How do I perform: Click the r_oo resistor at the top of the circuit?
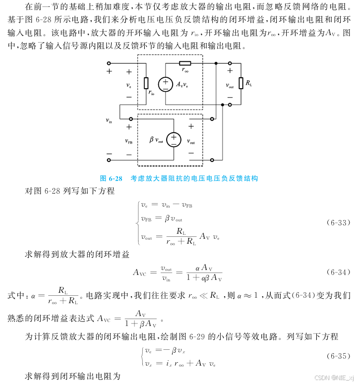tap(185, 63)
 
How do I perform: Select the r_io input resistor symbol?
tap(146, 84)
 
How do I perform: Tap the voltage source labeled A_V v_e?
tap(165, 84)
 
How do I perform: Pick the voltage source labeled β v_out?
tap(173, 140)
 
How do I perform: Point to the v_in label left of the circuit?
tap(109, 120)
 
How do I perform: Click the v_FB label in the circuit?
tap(128, 141)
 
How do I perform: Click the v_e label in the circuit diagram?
tap(128, 85)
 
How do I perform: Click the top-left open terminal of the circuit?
tap(109, 63)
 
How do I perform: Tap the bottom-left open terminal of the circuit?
tap(109, 160)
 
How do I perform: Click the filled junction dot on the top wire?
tap(216, 63)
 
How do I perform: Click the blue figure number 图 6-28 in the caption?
tap(111, 178)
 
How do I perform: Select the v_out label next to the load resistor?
tap(230, 85)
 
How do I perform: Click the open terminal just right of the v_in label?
tap(130, 119)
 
